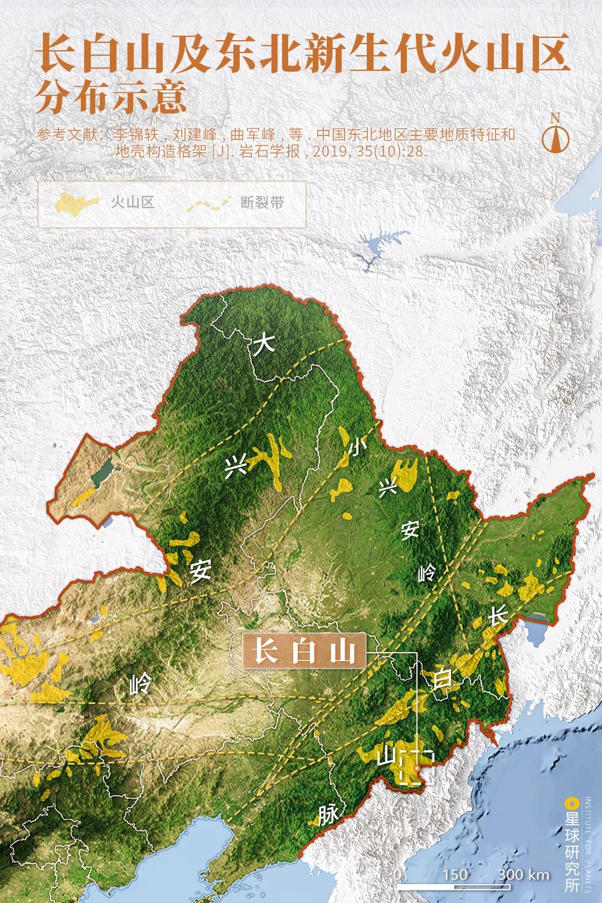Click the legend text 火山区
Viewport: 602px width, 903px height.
click(132, 202)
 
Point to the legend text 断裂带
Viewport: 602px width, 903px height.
click(262, 202)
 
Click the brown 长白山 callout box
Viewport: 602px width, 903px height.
click(304, 650)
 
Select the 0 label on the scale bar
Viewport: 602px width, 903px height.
click(397, 874)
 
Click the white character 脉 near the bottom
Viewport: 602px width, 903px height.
click(327, 815)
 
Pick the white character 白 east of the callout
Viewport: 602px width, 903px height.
click(443, 679)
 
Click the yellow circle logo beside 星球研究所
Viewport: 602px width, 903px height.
click(570, 803)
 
